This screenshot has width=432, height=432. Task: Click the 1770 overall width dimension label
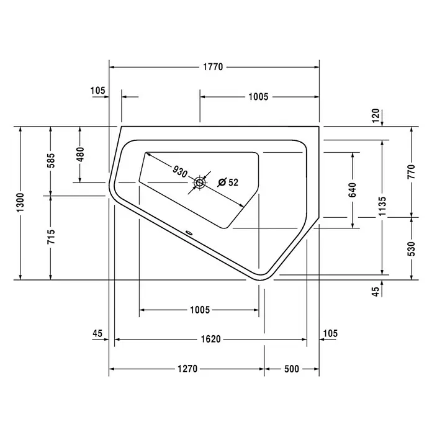(213, 67)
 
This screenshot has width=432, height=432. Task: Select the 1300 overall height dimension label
(20, 202)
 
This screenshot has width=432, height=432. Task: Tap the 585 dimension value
(51, 160)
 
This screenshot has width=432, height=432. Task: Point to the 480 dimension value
(81, 155)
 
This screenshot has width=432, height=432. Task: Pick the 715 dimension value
(51, 236)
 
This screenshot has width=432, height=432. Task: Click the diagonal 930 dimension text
(180, 171)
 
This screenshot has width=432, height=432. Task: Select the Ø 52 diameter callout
(228, 182)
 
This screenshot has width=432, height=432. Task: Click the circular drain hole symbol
(199, 182)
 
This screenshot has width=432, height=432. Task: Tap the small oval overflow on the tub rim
(189, 233)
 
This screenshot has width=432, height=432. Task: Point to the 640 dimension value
(353, 190)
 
